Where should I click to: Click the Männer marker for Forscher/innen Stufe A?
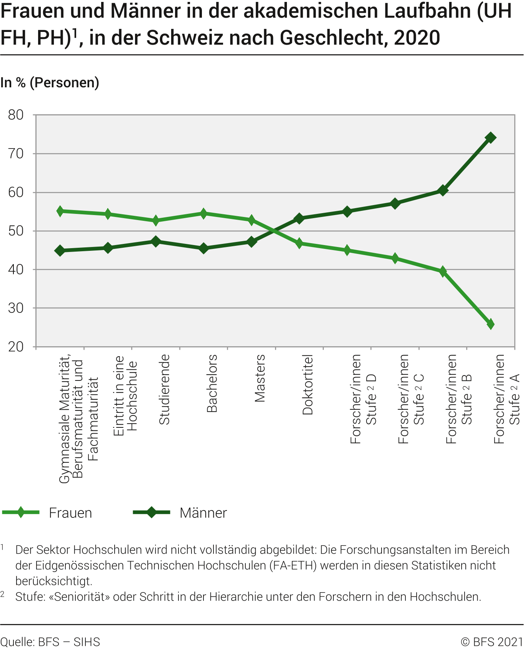[490, 138]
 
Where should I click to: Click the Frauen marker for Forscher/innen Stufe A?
[490, 324]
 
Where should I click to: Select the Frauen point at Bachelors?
[204, 214]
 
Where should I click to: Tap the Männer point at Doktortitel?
[300, 219]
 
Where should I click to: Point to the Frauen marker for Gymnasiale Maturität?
[60, 211]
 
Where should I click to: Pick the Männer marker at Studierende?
[156, 242]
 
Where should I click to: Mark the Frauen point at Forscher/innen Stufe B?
[443, 272]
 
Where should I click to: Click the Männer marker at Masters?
[252, 242]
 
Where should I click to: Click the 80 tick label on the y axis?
[16, 115]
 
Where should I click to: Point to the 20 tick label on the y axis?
[16, 347]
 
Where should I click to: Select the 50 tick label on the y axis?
[16, 231]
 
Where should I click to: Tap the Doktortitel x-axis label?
[308, 384]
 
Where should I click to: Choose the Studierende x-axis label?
[164, 389]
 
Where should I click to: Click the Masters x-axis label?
[260, 378]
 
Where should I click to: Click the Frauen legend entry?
[70, 513]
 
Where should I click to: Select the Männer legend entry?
[203, 513]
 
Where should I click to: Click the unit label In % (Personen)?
[50, 83]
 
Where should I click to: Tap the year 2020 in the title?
[417, 38]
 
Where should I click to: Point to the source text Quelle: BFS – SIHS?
[50, 642]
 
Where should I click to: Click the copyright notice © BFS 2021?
[492, 642]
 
